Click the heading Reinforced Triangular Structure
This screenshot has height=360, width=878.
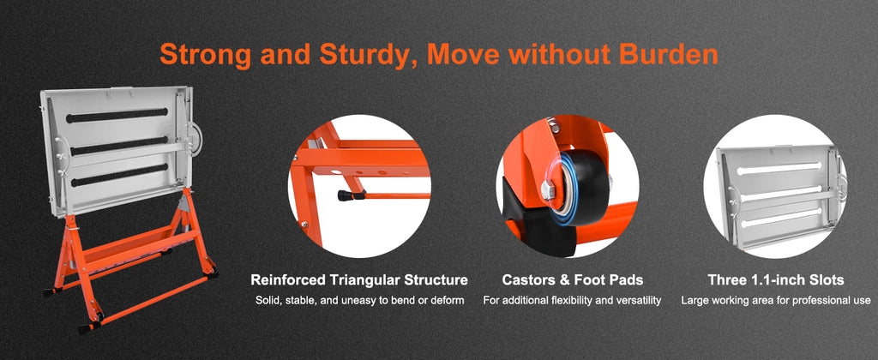click(359, 280)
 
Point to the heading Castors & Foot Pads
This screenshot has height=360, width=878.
click(572, 280)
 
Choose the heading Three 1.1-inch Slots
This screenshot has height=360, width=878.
click(775, 280)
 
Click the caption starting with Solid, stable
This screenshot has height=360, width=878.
click(359, 301)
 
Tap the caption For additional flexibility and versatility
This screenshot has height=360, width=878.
click(572, 301)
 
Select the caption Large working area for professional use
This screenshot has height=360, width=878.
click(775, 301)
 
